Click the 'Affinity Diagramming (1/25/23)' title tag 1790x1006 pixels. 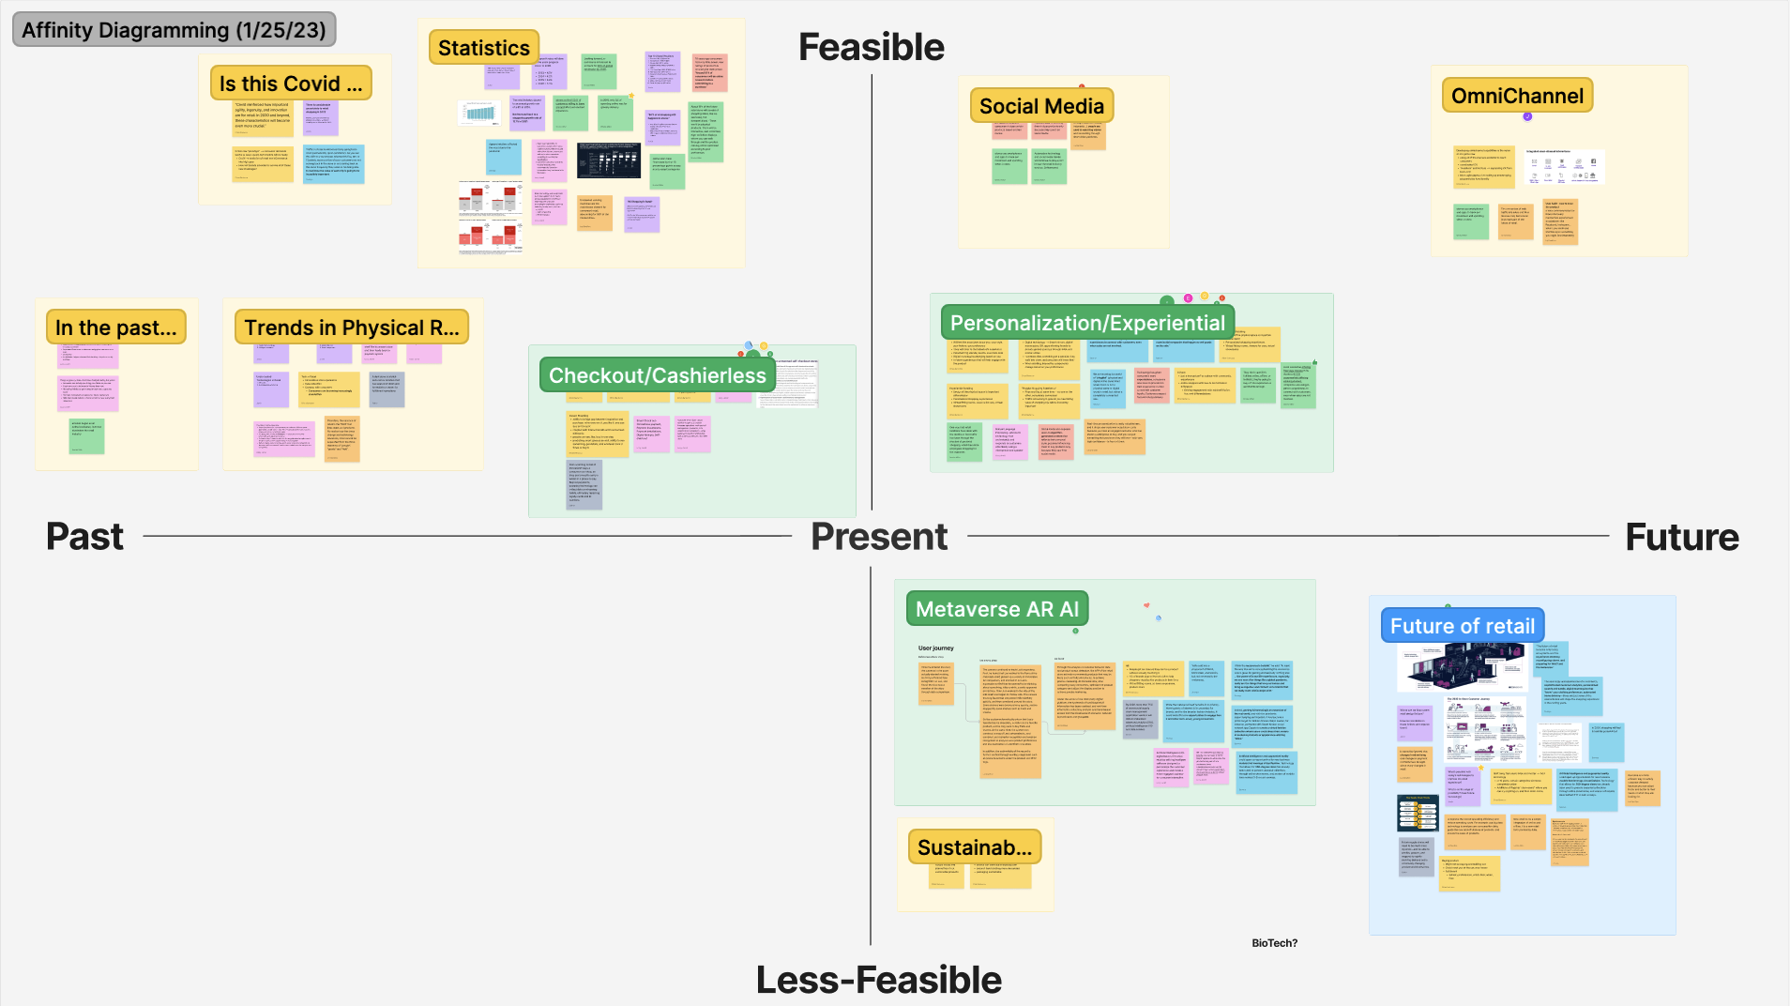(174, 30)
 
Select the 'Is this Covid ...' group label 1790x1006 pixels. (290, 84)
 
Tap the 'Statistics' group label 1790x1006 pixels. (483, 48)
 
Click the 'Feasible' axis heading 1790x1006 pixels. (871, 47)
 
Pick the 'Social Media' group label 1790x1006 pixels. (1041, 106)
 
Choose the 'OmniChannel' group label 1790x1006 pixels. (1517, 96)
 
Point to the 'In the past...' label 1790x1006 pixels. (115, 328)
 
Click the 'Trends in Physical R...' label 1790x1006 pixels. (352, 328)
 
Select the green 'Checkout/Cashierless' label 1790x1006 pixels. (657, 375)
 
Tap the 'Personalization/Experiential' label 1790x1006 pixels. (1087, 323)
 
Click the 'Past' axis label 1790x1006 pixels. (84, 537)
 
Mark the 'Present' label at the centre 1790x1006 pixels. (879, 537)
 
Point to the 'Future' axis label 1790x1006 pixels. (1682, 538)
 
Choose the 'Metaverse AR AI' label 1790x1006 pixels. (996, 609)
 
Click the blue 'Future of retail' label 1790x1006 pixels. (1462, 626)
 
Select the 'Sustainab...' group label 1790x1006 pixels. (974, 847)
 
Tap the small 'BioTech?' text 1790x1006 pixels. (1274, 943)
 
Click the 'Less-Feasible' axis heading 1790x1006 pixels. (879, 980)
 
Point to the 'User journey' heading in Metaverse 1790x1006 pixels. (935, 648)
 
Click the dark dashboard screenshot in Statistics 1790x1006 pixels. (609, 160)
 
